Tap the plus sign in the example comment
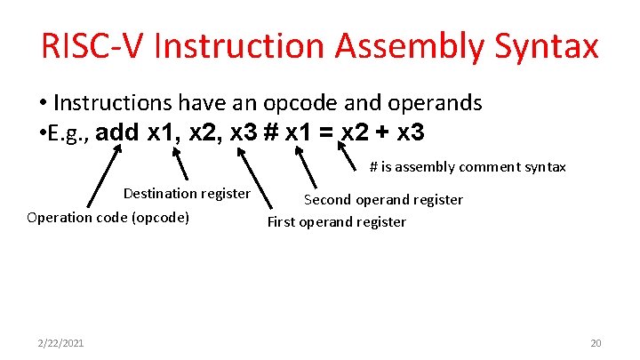click(383, 133)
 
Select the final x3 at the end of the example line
click(410, 133)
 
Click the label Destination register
click(187, 193)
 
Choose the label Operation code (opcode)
click(108, 216)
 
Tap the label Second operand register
click(383, 199)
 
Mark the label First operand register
click(337, 221)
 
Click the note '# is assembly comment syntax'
click(468, 167)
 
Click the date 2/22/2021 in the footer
click(61, 343)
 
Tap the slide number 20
click(596, 343)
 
